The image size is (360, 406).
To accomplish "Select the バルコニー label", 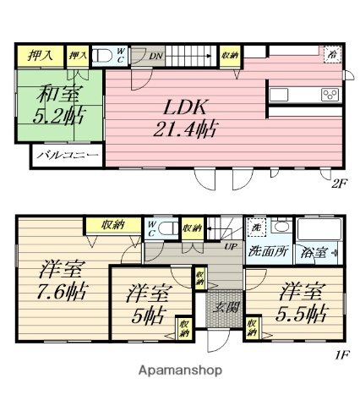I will [x=68, y=156].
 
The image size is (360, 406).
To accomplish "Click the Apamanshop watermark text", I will [x=179, y=370].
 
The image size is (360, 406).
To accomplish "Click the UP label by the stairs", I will [x=229, y=247].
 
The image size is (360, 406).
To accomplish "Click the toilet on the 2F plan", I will [x=103, y=56].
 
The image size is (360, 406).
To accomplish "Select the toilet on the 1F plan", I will [x=166, y=228].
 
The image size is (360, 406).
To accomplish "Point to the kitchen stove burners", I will [x=329, y=94].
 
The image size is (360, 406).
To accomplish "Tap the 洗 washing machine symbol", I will [x=255, y=228].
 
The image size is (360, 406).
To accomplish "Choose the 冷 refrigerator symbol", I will [x=331, y=52].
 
